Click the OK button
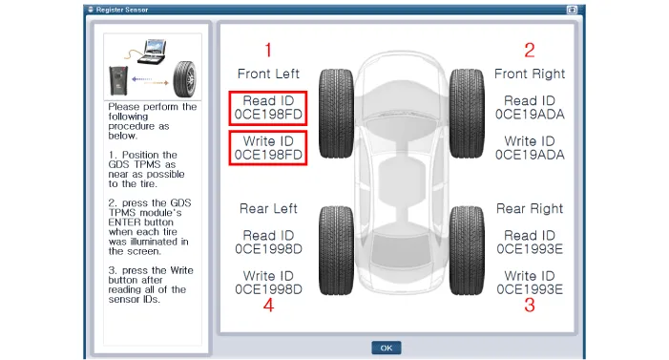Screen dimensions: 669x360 click(x=387, y=348)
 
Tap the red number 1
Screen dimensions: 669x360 click(x=268, y=50)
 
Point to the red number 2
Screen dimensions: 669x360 click(x=530, y=50)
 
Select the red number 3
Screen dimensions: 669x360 click(x=530, y=305)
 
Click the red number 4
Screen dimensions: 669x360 click(x=268, y=305)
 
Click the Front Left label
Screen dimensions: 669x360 click(x=268, y=74)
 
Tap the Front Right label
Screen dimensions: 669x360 click(x=530, y=74)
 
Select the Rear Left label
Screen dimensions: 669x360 click(x=268, y=208)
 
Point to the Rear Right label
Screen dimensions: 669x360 click(x=530, y=208)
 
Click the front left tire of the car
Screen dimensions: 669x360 click(x=336, y=114)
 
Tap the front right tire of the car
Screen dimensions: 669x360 click(x=467, y=114)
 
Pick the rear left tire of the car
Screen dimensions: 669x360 click(x=336, y=251)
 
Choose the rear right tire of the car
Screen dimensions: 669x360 click(x=467, y=251)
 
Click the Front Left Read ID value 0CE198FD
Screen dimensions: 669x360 click(x=268, y=115)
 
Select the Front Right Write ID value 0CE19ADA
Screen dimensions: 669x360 click(x=530, y=155)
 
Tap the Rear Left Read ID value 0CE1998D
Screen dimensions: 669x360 click(x=268, y=249)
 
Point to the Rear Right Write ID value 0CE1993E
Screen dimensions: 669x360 click(x=530, y=289)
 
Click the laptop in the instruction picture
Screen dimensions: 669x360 click(x=153, y=53)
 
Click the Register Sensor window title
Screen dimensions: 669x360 click(x=122, y=10)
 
